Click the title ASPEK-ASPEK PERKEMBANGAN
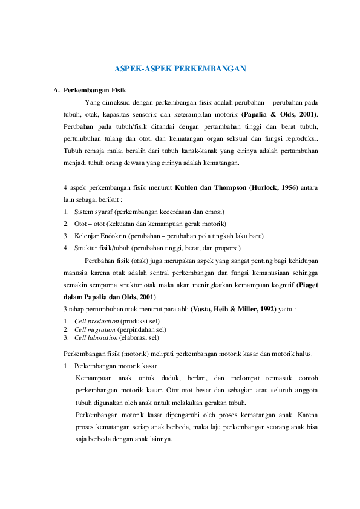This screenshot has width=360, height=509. pyautogui.click(x=180, y=70)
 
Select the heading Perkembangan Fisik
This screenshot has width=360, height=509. pyautogui.click(x=94, y=90)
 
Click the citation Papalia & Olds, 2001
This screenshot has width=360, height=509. pyautogui.click(x=280, y=114)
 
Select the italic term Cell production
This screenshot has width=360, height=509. pyautogui.click(x=97, y=320)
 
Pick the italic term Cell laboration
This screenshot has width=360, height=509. pyautogui.click(x=97, y=338)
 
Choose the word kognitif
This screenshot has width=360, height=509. pyautogui.click(x=281, y=285)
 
